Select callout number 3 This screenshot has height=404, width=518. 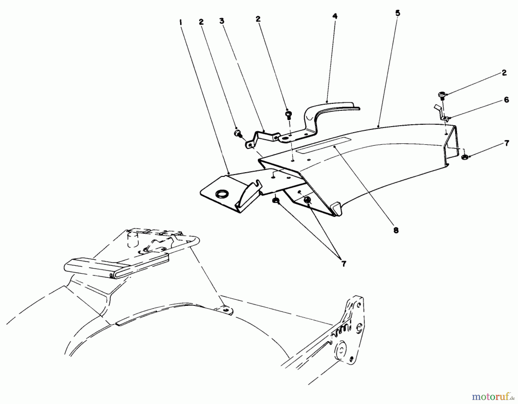pos(221,21)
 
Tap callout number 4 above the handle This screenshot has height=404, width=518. pos(335,16)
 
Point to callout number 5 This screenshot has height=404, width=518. pos(397,13)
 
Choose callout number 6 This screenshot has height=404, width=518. pos(506,100)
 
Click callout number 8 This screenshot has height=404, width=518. pos(396,230)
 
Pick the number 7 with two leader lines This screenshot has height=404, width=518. pos(343,263)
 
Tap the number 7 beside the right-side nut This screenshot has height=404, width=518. pos(506,143)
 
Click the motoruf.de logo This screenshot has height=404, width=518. pos(494,397)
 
